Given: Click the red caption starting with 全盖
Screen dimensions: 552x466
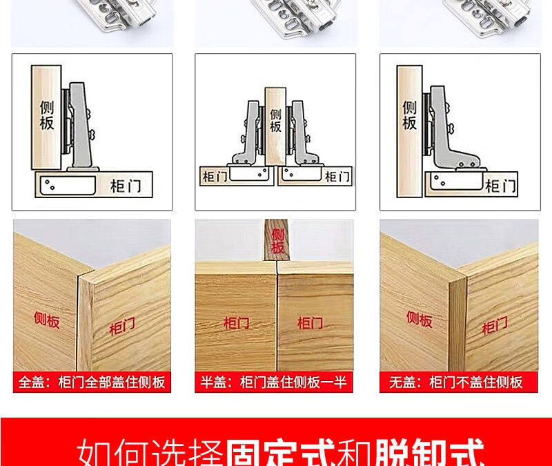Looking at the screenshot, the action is pos(92,382).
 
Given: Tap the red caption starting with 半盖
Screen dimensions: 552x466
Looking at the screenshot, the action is pos(273,382).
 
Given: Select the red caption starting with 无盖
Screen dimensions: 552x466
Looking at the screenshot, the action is pos(456,382).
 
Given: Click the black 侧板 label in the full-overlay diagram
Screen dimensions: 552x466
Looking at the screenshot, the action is pos(46,115).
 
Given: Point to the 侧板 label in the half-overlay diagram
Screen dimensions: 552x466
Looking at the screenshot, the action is pos(275,120).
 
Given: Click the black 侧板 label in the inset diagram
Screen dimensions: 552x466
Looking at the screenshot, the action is pos(409,115).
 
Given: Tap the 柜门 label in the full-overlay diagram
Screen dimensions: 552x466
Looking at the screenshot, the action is pos(126,186).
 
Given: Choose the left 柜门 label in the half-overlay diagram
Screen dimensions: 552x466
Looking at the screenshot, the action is pos(215,176).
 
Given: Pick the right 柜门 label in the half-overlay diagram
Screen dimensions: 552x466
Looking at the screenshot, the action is pos(337,177).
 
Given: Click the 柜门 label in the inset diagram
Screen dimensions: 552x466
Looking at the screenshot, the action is pos(501,186).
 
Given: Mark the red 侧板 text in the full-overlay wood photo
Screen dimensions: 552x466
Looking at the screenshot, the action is pos(47,320).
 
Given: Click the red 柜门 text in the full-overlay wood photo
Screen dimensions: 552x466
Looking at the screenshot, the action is pos(122,326).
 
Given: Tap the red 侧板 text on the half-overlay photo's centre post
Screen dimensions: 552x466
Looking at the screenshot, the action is pos(277,241).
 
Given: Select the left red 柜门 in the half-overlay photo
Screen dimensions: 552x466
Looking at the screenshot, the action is pos(237,322).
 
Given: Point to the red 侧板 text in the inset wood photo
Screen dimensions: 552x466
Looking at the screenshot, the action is pos(420,319).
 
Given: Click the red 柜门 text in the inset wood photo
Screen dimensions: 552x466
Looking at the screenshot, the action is pos(495,325).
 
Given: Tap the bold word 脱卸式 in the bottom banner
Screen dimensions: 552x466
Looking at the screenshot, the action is pos(429,452).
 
